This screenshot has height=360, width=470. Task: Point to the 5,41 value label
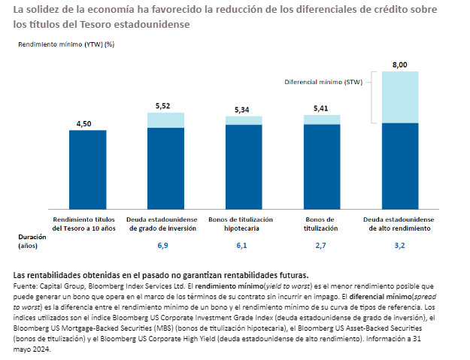[322, 108]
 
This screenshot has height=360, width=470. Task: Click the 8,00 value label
[399, 65]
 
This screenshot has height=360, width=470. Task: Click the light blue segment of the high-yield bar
[399, 97]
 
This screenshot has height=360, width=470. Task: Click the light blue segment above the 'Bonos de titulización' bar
[322, 119]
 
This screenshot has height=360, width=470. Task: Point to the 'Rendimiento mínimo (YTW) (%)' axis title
[67, 44]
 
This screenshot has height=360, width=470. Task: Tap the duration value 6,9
[162, 246]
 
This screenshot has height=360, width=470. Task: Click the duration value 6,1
[242, 246]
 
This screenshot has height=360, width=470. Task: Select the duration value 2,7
[321, 246]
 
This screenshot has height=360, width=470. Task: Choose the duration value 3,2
[399, 246]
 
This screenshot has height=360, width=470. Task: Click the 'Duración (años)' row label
[27, 241]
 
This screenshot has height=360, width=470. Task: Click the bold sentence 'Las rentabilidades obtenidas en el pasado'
[161, 274]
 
